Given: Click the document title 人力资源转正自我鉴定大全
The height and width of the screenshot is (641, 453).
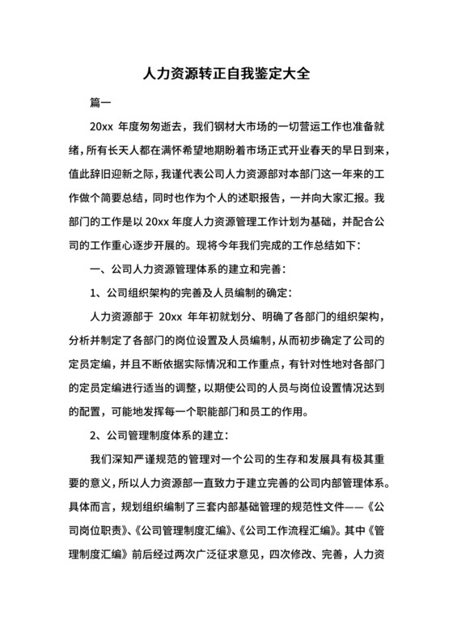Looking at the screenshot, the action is coord(226,74).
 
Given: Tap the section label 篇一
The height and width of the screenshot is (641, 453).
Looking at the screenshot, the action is coord(100,104).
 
